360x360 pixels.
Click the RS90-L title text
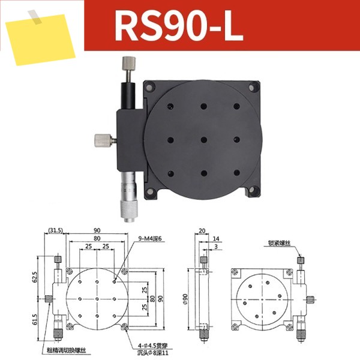click(179, 25)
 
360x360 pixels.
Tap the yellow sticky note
click(40, 39)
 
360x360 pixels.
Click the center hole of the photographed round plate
click(203, 140)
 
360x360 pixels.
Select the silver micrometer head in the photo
click(128, 197)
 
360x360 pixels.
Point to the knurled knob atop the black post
click(128, 63)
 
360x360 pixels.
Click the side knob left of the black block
click(103, 140)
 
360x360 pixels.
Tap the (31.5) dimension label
click(55, 230)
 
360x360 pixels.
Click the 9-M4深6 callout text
click(150, 239)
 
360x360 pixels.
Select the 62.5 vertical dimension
click(34, 277)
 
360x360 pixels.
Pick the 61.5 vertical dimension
click(34, 319)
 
